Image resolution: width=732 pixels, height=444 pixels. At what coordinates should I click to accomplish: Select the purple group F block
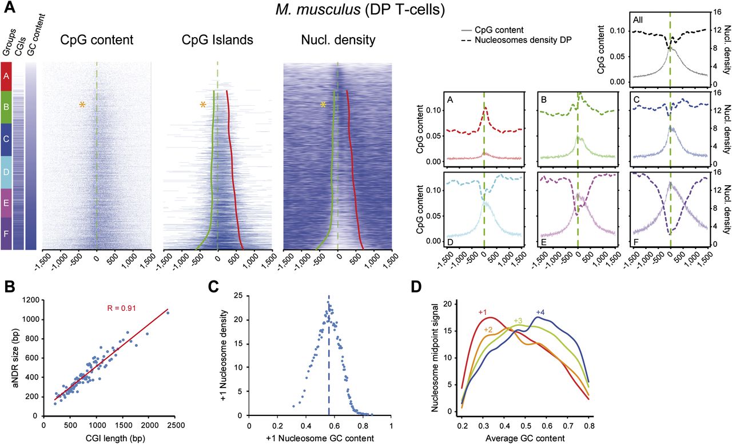[x=7, y=234]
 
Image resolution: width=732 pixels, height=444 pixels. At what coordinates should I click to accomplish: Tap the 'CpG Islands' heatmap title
[x=217, y=40]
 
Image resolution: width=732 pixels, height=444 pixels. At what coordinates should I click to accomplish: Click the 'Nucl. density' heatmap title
[x=338, y=40]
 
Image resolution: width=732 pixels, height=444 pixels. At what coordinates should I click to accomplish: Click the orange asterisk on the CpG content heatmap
[x=82, y=105]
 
